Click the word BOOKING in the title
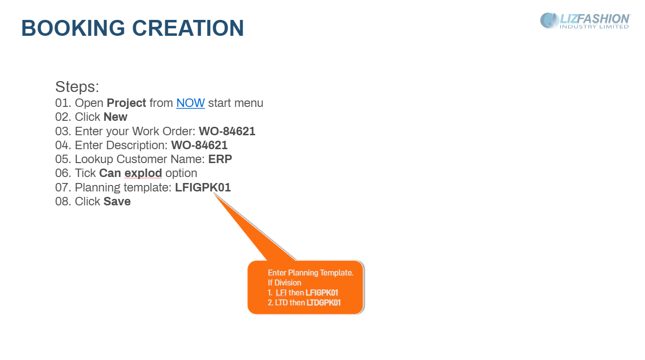(73, 28)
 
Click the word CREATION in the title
(188, 28)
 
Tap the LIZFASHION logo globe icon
(549, 20)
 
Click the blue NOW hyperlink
(190, 103)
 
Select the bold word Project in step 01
(126, 103)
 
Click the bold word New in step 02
(115, 117)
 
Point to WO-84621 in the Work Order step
(227, 131)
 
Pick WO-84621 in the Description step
(199, 145)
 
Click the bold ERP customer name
(220, 159)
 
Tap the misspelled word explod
(143, 174)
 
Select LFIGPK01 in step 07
(203, 187)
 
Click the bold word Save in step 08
(117, 201)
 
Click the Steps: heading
(77, 87)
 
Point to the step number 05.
(63, 159)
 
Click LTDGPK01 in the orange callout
(323, 303)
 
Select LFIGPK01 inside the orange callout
(322, 293)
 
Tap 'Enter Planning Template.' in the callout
(311, 273)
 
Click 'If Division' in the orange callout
(285, 283)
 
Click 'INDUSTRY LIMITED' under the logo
(594, 27)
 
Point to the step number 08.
(63, 201)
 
